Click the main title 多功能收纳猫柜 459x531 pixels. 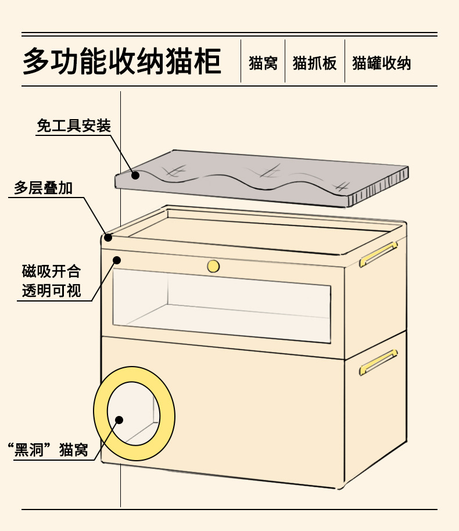[x=122, y=62]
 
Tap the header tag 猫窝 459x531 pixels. [x=263, y=63]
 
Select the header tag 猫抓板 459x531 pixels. [x=314, y=63]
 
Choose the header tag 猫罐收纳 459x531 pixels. [x=381, y=63]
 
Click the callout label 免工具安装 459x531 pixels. [x=73, y=126]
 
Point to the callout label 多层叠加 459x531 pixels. [x=43, y=188]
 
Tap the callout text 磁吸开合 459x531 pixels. [x=51, y=271]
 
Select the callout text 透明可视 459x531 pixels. [x=51, y=290]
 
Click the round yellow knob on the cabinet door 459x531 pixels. [x=213, y=266]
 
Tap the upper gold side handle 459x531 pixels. [x=378, y=254]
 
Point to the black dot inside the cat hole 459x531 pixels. [x=120, y=419]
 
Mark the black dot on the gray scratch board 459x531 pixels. [x=135, y=174]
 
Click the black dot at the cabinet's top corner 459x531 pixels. [x=108, y=237]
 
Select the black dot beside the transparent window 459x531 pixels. [x=116, y=260]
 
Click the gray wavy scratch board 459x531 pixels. [x=261, y=177]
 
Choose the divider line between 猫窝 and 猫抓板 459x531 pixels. [x=285, y=61]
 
